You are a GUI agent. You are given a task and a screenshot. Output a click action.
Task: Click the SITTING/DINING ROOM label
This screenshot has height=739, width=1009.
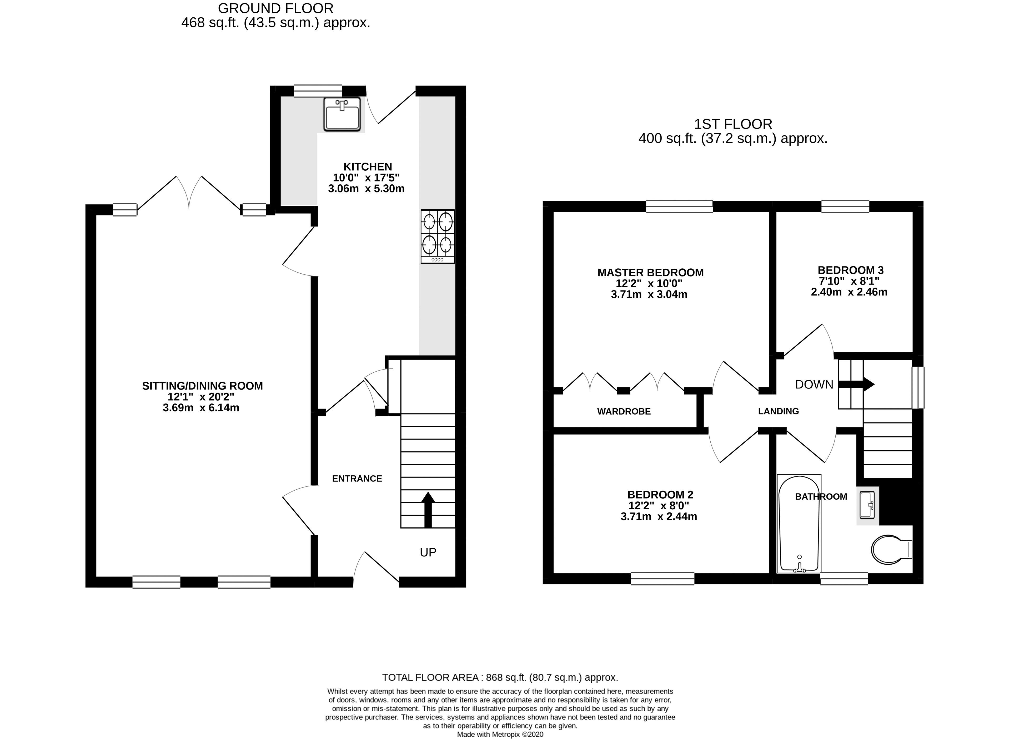[x=202, y=386]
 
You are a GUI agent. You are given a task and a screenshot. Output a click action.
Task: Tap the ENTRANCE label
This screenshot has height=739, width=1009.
[x=357, y=479]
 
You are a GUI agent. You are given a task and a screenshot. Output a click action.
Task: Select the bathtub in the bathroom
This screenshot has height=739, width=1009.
[x=799, y=523]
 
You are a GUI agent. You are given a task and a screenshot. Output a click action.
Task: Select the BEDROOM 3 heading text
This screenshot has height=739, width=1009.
[x=850, y=270]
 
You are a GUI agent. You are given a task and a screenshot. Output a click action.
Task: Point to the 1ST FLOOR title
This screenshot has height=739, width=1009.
[x=733, y=124]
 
